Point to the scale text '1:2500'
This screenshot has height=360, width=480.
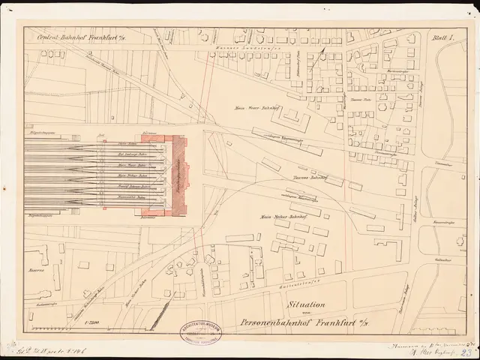click(x=95, y=321)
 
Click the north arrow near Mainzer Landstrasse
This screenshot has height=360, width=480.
click(x=320, y=55)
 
